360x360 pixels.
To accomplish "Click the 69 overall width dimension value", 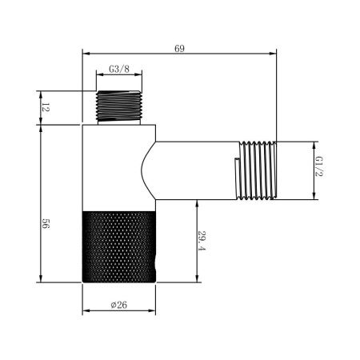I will tap(179, 49).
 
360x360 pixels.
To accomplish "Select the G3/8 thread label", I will tap(121, 70).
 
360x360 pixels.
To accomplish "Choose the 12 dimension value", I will tap(46, 107).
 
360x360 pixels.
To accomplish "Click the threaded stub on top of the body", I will tap(121, 106).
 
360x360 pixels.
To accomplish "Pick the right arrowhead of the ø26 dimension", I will tap(155, 311).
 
